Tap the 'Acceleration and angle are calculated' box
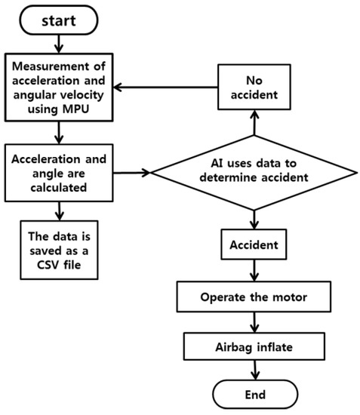point(60,172)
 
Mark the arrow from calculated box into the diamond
point(133,173)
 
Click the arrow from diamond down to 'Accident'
point(254,220)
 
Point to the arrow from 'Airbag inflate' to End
point(254,369)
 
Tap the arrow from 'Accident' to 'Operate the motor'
point(254,271)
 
